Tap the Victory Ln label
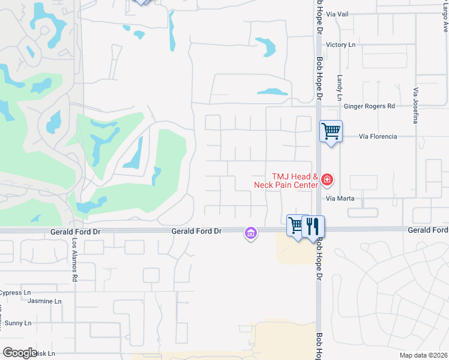tap(340, 45)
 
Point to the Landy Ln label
tap(339, 88)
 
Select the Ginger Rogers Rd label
tap(369, 106)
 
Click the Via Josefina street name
tap(415, 106)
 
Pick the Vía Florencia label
tap(378, 136)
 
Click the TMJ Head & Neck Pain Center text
tap(294, 181)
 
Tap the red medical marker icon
tap(327, 179)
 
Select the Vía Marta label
tap(340, 198)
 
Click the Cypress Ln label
tap(15, 293)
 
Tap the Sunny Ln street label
tap(18, 323)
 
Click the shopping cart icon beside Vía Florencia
tap(331, 130)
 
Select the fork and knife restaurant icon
tap(313, 226)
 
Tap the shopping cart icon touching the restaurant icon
tap(297, 225)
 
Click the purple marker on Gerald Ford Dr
tap(250, 232)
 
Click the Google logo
tap(20, 353)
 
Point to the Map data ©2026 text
tap(424, 355)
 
